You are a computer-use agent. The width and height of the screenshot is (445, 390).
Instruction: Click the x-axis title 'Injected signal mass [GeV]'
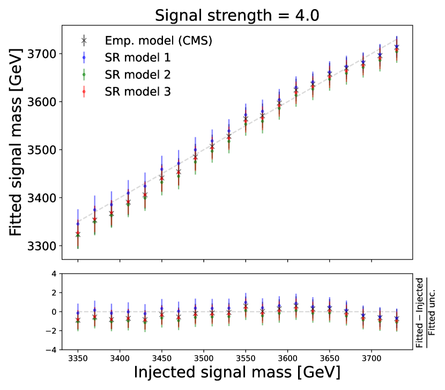point(236,372)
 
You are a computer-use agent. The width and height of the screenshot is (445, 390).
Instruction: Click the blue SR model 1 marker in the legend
point(84,57)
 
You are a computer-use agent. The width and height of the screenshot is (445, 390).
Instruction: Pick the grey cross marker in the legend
point(84,40)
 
